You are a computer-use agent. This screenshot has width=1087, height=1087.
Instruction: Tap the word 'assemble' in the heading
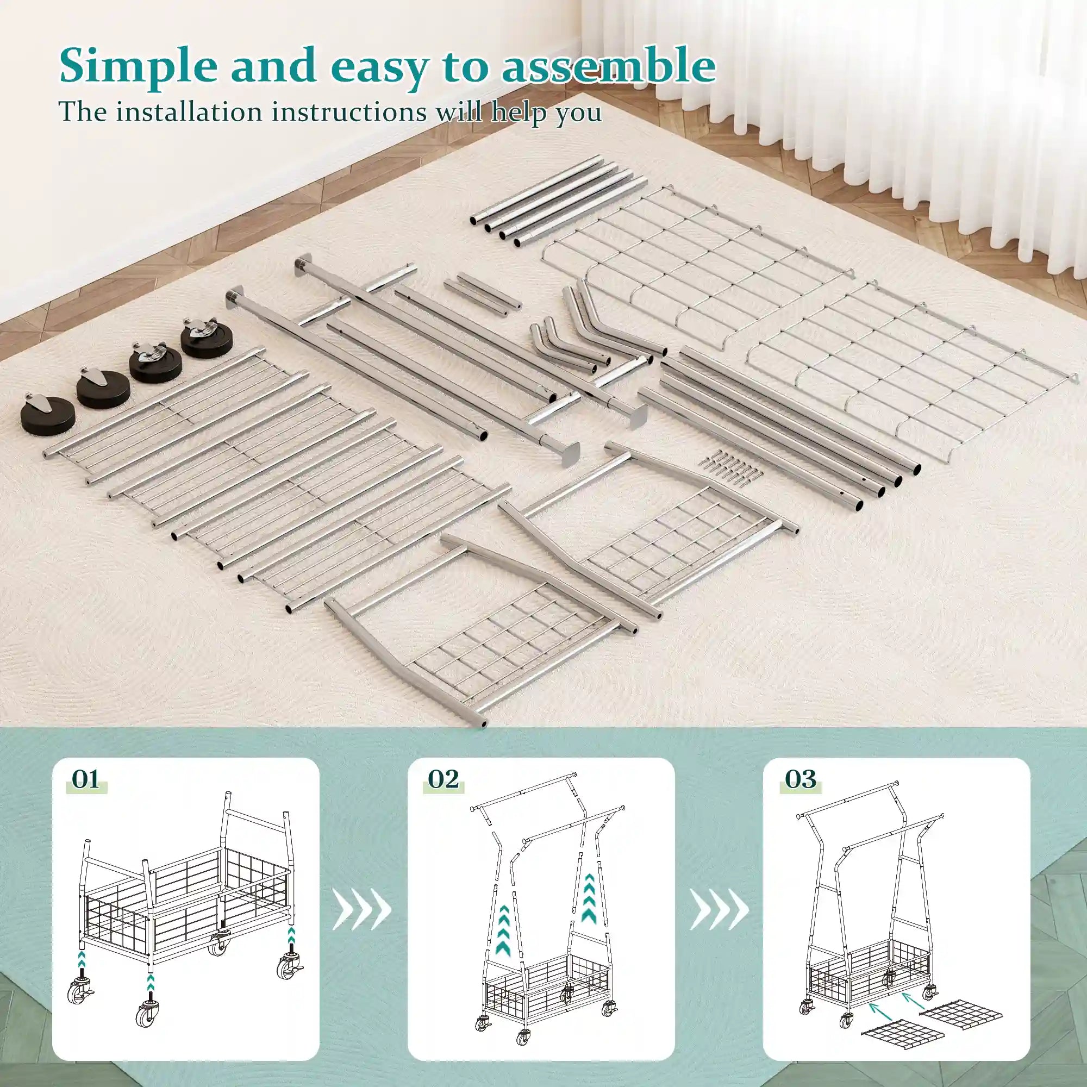[608, 66]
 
